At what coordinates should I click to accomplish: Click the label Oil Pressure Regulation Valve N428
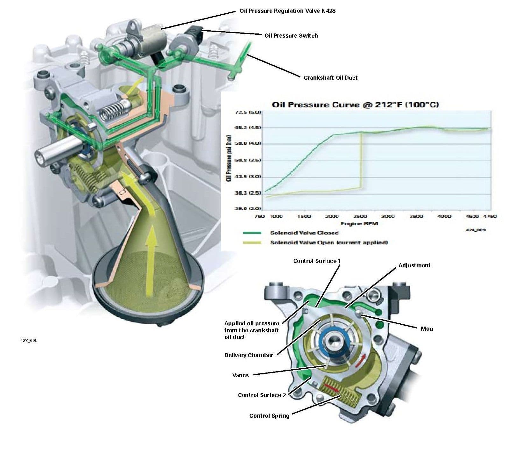pyautogui.click(x=287, y=11)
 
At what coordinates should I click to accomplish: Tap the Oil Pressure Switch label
pyautogui.click(x=291, y=36)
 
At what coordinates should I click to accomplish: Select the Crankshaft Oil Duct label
pyautogui.click(x=330, y=78)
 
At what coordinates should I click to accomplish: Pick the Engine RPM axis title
pyautogui.click(x=359, y=224)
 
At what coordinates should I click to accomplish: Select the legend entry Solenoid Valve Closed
pyautogui.click(x=304, y=233)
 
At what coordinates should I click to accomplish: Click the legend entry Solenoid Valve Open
pyautogui.click(x=329, y=243)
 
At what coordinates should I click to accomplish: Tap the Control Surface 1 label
pyautogui.click(x=317, y=261)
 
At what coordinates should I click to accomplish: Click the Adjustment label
pyautogui.click(x=414, y=265)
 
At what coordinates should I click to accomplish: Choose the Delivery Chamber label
pyautogui.click(x=249, y=355)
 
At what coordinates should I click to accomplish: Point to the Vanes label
pyautogui.click(x=240, y=375)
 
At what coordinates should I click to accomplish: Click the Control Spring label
pyautogui.click(x=269, y=416)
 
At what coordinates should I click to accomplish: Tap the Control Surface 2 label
pyautogui.click(x=262, y=395)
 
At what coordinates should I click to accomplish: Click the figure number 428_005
pyautogui.click(x=29, y=340)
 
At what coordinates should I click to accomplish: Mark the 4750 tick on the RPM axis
pyautogui.click(x=490, y=217)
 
